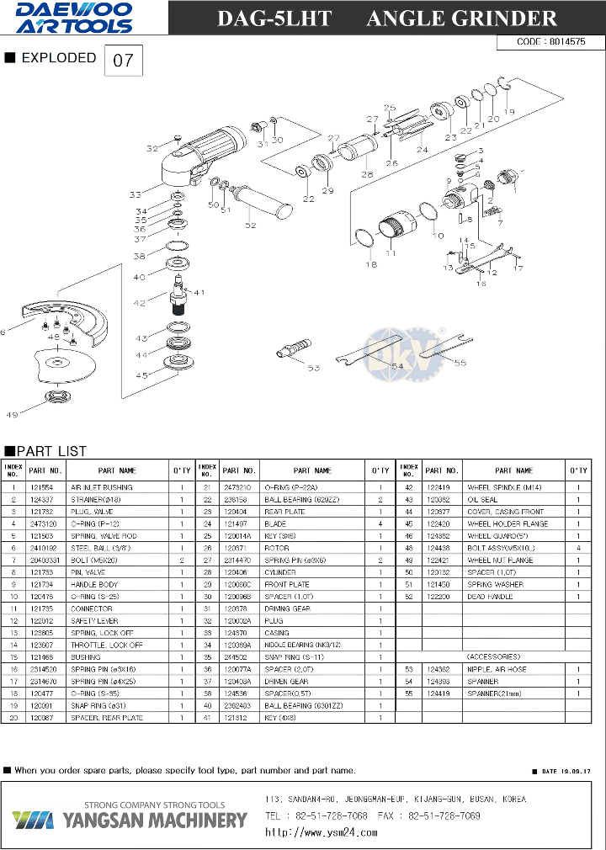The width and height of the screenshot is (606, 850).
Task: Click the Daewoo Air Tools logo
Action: tap(73, 18)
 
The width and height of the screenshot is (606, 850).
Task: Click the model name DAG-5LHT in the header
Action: tap(274, 19)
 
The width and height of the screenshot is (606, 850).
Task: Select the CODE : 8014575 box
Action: tap(551, 41)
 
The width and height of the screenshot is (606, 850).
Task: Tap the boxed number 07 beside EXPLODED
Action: tap(123, 61)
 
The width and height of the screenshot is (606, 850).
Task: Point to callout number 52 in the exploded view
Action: tap(250, 225)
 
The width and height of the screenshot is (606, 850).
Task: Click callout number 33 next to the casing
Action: tap(136, 194)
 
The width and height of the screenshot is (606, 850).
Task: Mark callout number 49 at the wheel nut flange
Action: tap(12, 414)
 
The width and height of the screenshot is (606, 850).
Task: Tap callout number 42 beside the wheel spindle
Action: tap(140, 302)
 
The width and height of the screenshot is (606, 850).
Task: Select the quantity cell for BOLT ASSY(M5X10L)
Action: tap(577, 548)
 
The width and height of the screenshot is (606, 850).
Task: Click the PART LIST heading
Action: tap(51, 451)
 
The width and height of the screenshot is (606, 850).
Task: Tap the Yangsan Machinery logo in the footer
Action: tap(130, 818)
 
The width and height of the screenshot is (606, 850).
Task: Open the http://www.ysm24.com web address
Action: tap(322, 832)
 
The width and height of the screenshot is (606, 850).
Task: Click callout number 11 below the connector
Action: tap(391, 252)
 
